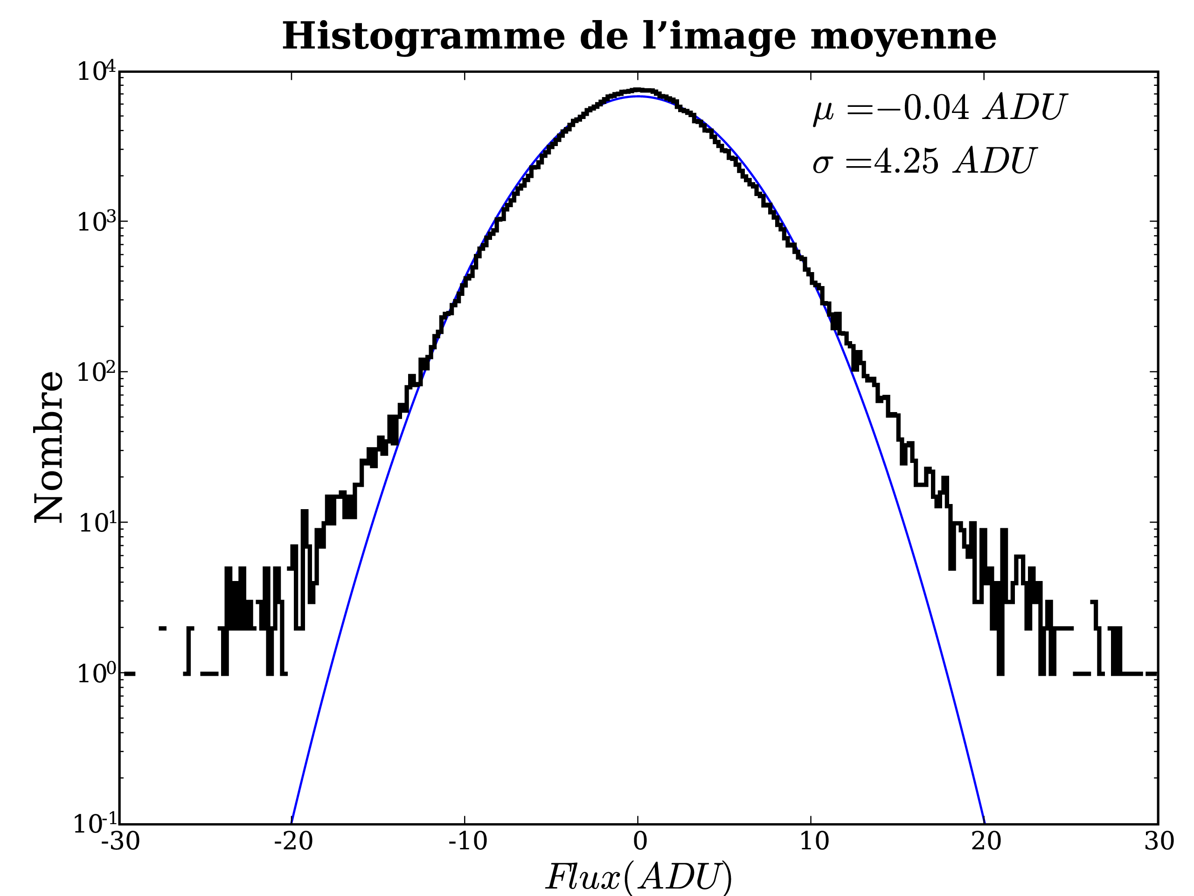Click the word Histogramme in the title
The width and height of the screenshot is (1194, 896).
tap(423, 37)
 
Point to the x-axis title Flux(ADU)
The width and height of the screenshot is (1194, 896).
tap(639, 876)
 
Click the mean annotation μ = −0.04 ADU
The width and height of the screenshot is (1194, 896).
tap(939, 108)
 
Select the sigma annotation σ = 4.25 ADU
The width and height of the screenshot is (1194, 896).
tap(924, 161)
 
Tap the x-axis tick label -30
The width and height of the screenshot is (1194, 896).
tap(120, 841)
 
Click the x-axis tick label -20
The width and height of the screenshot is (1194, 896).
tap(293, 841)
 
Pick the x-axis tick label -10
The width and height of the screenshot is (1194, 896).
tap(467, 841)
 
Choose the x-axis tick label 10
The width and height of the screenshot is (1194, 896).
tap(813, 841)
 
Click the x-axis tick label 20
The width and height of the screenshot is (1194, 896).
tap(986, 841)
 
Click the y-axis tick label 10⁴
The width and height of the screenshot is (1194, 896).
tap(96, 71)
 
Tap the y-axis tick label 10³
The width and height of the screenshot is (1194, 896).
tap(96, 222)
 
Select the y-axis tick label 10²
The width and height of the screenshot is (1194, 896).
tap(96, 372)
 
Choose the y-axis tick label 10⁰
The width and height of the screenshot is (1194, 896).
tap(96, 673)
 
